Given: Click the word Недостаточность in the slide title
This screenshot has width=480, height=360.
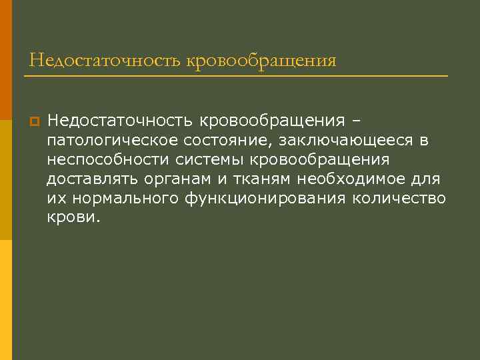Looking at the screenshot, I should (106, 61).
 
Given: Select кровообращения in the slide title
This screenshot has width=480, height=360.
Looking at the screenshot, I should (262, 61).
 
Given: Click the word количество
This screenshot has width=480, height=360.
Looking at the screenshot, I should (400, 198).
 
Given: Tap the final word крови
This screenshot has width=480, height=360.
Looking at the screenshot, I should (72, 217).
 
